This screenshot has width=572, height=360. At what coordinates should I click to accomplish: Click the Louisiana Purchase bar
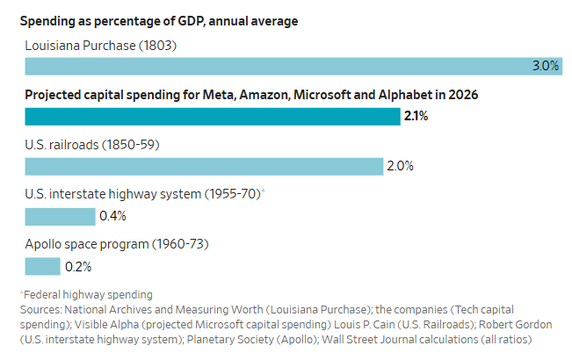point(281,66)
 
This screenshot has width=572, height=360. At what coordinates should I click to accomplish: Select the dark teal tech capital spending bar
point(212,116)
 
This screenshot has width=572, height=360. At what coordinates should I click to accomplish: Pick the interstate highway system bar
point(60,216)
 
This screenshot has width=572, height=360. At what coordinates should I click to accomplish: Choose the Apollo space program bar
point(42,266)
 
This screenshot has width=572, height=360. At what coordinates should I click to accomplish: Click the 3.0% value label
point(546,66)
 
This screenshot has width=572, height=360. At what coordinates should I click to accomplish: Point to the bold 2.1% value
point(416,116)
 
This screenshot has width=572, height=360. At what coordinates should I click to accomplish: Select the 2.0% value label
point(400,166)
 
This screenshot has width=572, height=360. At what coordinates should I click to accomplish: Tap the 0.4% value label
point(113,216)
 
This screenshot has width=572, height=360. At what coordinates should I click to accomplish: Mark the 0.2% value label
point(78,266)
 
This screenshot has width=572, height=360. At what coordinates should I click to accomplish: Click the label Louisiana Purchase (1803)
point(101,44)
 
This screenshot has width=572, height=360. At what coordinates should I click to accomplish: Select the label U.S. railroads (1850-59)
point(91,144)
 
